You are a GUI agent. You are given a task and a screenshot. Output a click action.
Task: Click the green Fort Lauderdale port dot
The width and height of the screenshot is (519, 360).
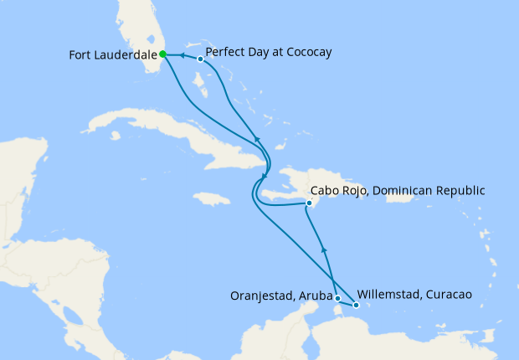[x=163, y=54]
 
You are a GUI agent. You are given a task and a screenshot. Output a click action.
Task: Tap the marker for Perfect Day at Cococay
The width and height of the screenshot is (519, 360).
[x=200, y=59]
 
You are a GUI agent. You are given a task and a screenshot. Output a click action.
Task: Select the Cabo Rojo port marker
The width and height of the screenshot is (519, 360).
[x=309, y=203]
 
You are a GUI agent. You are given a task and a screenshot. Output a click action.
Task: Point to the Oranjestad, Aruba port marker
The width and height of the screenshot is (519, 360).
[x=337, y=298]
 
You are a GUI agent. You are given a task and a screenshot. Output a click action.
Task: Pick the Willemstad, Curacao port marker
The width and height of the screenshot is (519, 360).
[x=356, y=305]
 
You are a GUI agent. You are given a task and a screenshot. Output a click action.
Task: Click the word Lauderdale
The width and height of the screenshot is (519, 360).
[x=124, y=56]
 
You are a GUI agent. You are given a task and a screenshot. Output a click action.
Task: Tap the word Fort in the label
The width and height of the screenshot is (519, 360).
[x=80, y=56]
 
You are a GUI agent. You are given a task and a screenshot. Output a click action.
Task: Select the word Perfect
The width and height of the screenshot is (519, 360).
[x=227, y=52]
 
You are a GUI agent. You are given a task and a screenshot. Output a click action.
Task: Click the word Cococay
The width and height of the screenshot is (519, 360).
[x=306, y=52]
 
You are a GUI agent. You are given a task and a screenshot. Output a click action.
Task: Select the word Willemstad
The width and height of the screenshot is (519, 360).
[x=389, y=295]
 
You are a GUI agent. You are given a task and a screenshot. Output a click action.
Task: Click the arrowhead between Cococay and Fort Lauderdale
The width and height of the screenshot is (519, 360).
[x=182, y=56]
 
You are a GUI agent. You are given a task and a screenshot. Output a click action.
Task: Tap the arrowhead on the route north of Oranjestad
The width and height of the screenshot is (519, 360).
[x=325, y=249]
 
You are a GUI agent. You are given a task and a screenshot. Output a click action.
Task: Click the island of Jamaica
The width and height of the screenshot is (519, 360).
[x=211, y=199]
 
